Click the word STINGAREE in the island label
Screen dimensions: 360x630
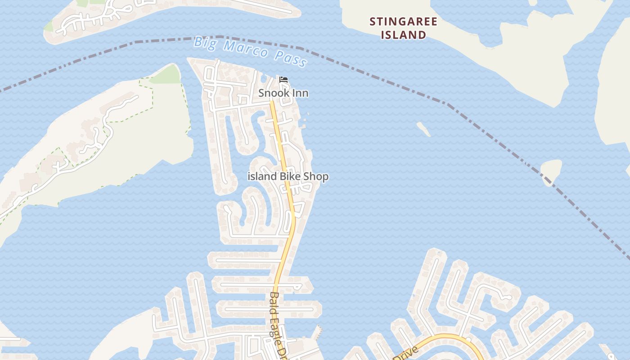pos(403,22)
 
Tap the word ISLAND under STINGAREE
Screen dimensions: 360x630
pos(403,35)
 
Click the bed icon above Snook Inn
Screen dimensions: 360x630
pos(283,80)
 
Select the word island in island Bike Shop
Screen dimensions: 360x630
pos(262,176)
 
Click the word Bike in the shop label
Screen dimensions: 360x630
pos(291,176)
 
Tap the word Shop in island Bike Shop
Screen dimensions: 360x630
pos(316,176)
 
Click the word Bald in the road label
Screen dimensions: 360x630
pos(274,301)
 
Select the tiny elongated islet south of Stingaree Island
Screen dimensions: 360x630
pos(423,129)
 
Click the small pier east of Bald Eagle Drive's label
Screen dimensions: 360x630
pos(319,332)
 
